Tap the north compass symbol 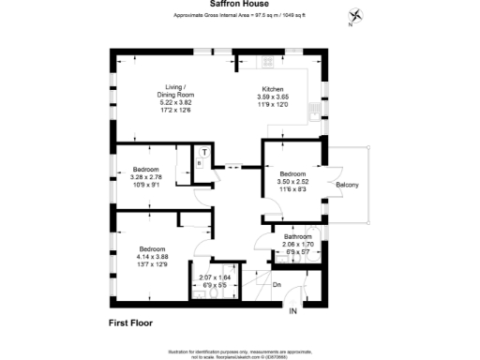pyautogui.click(x=355, y=16)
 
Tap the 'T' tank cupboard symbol pyautogui.click(x=204, y=152)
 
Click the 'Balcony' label pyautogui.click(x=347, y=184)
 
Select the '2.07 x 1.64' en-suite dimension pyautogui.click(x=214, y=277)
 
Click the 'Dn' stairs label pyautogui.click(x=277, y=284)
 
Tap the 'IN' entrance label pyautogui.click(x=292, y=310)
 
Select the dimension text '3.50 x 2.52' pyautogui.click(x=295, y=182)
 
